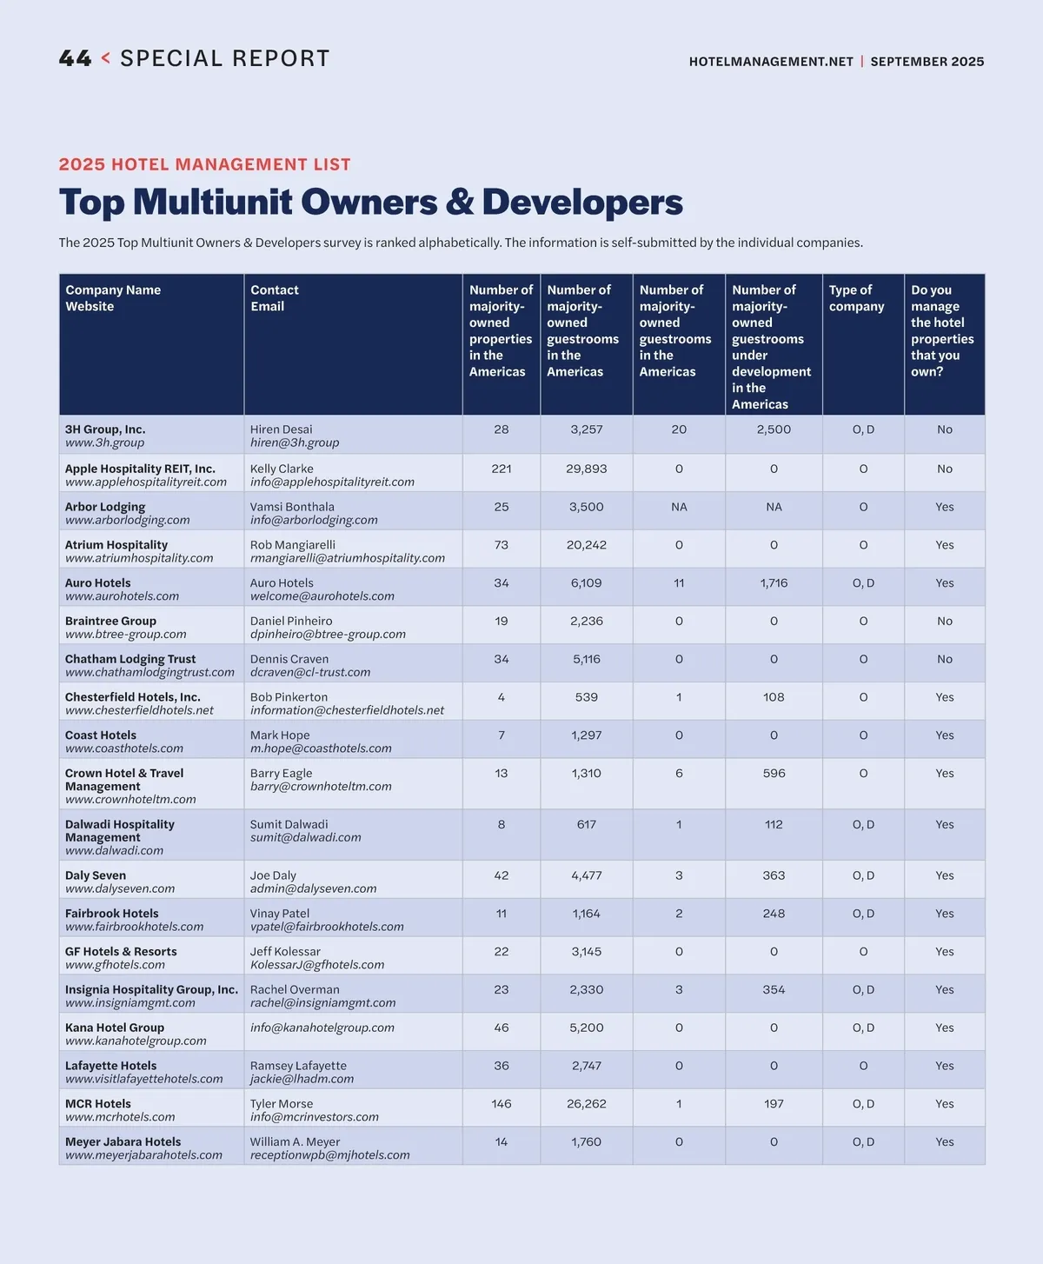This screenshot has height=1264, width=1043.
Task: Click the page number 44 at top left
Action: [75, 59]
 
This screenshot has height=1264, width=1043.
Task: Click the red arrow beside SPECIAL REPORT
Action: [106, 58]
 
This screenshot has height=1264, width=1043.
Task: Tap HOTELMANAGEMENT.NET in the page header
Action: [771, 62]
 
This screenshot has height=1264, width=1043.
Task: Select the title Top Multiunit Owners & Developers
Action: [371, 202]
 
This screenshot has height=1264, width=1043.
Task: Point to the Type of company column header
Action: [856, 298]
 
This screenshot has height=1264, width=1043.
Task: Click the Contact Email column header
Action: [274, 298]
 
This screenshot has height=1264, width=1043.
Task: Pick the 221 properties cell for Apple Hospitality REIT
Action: [502, 469]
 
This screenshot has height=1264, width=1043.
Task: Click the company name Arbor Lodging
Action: [105, 507]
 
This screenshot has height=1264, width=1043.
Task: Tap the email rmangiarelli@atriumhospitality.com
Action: [348, 558]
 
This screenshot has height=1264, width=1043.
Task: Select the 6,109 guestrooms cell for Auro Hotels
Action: [587, 583]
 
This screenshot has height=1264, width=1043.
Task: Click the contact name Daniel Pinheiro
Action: [291, 622]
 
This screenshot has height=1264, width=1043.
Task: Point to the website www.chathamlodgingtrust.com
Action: [149, 672]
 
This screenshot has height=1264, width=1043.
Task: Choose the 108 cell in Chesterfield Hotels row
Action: [774, 697]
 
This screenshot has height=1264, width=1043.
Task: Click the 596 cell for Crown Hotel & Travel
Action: [774, 774]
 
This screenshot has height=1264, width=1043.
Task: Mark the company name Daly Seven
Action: [96, 875]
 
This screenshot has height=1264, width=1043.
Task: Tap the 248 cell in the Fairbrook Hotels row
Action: [774, 914]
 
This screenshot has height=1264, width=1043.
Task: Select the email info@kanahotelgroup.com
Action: [322, 1028]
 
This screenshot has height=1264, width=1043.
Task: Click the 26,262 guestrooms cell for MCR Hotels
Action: [587, 1104]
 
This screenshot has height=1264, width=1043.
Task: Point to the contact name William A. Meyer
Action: [295, 1141]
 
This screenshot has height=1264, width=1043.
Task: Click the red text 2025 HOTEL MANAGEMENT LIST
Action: [205, 164]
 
